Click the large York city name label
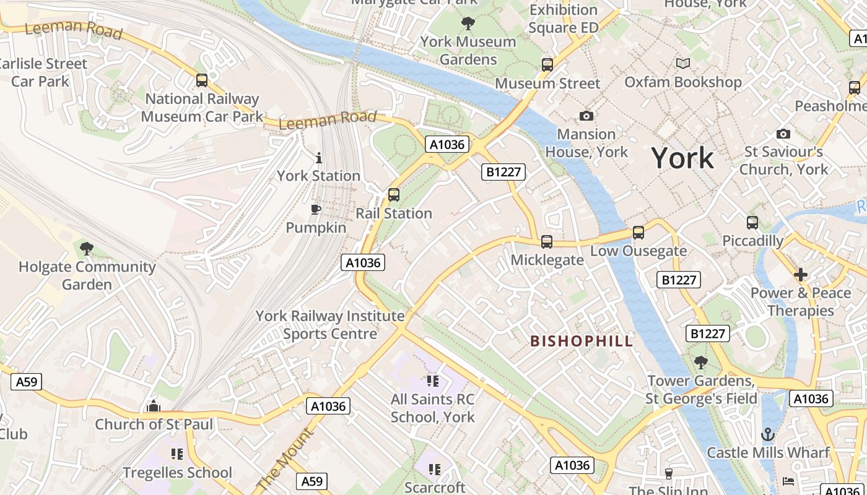pyautogui.click(x=682, y=158)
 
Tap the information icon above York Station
pyautogui.click(x=319, y=158)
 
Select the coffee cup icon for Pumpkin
pyautogui.click(x=316, y=209)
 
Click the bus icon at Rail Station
pyautogui.click(x=394, y=195)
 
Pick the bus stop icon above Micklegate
pyautogui.click(x=546, y=241)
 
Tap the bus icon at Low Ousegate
pyautogui.click(x=638, y=233)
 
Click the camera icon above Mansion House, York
pyautogui.click(x=586, y=116)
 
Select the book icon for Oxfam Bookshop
pyautogui.click(x=682, y=64)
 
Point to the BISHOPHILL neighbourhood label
pyautogui.click(x=582, y=341)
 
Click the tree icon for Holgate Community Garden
pyautogui.click(x=87, y=249)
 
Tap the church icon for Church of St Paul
pyautogui.click(x=153, y=406)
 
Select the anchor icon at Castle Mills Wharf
pyautogui.click(x=768, y=434)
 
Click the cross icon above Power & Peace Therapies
pyautogui.click(x=801, y=274)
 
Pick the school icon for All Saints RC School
pyautogui.click(x=432, y=381)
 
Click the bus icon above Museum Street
pyautogui.click(x=547, y=64)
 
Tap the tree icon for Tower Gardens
pyautogui.click(x=701, y=362)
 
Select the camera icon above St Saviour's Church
pyautogui.click(x=783, y=134)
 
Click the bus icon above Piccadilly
pyautogui.click(x=752, y=223)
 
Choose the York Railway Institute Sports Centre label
pyautogui.click(x=330, y=325)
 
